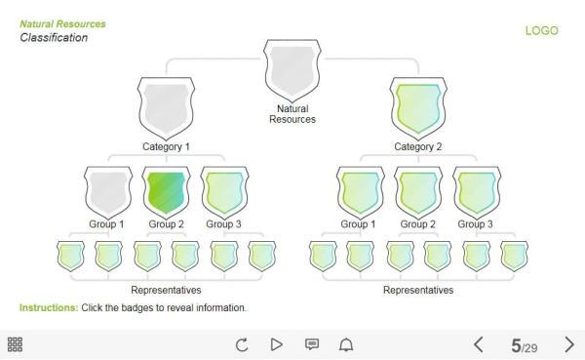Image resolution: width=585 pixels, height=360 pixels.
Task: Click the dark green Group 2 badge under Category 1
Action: [x=166, y=190]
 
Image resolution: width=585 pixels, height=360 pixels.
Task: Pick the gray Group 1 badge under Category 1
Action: [x=108, y=190]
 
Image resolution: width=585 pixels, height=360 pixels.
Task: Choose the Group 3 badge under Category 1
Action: [x=223, y=190]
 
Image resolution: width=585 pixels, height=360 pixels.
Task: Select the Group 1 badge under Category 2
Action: [x=361, y=190]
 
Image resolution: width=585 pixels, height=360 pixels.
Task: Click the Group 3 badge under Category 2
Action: [x=476, y=190]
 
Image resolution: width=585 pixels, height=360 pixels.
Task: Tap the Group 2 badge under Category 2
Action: [x=418, y=190]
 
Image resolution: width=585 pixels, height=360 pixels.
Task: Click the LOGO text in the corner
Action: [x=542, y=30]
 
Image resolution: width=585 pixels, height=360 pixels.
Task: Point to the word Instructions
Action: [x=47, y=308]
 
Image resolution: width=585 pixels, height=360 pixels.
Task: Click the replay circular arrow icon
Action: [x=243, y=344]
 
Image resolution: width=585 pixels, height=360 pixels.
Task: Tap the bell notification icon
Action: [x=346, y=344]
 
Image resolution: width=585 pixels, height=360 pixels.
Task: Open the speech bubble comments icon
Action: [x=312, y=344]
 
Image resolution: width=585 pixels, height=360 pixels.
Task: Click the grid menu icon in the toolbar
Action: [x=15, y=344]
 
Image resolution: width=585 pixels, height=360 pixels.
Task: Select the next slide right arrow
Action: [x=569, y=344]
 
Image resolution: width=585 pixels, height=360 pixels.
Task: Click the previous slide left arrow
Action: [x=479, y=344]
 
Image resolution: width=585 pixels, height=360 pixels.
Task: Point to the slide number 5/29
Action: [x=524, y=345]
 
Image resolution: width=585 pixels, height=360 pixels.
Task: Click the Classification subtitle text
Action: [x=54, y=38]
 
